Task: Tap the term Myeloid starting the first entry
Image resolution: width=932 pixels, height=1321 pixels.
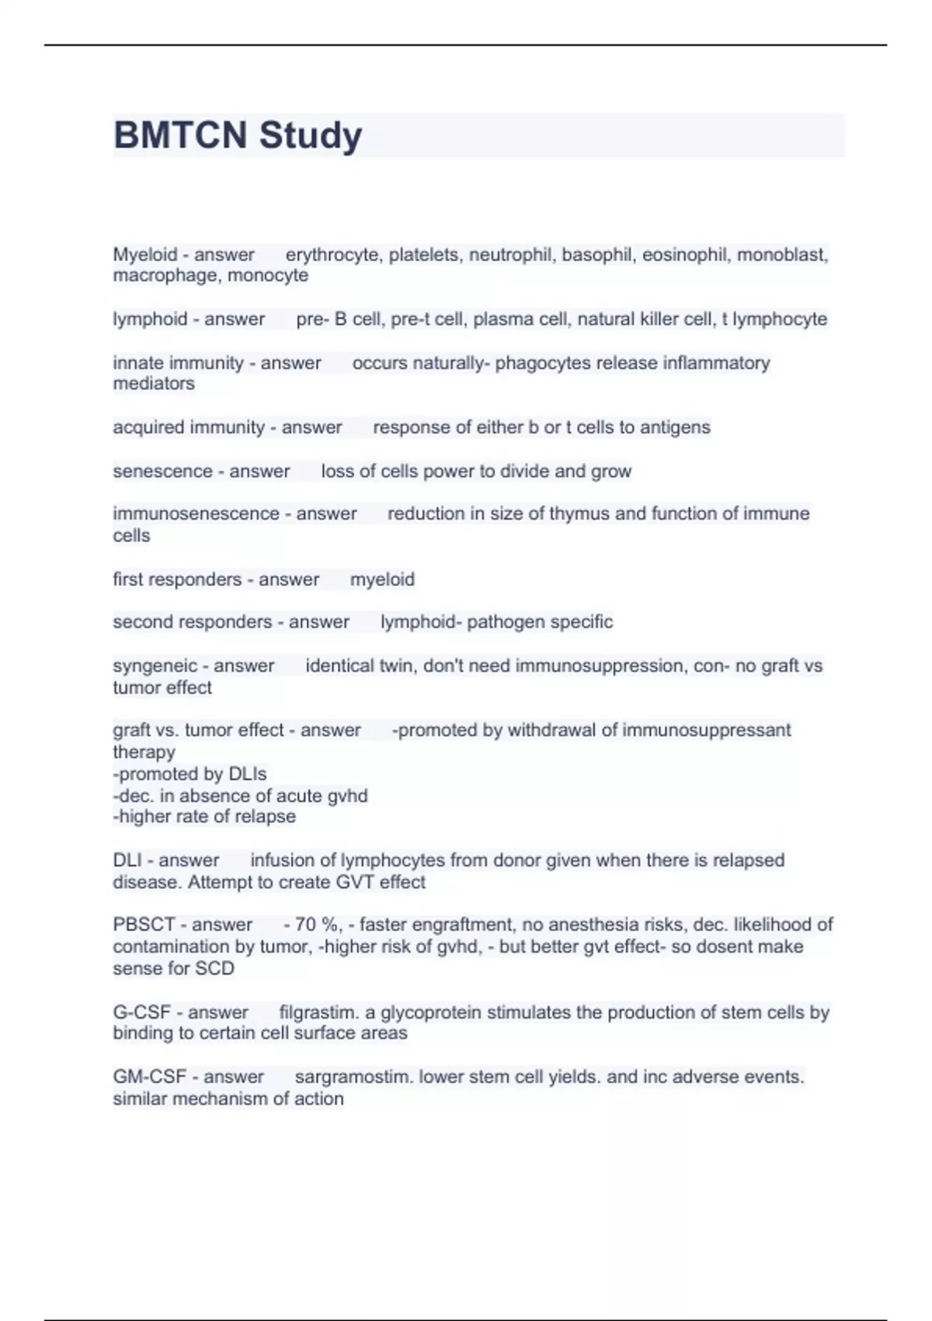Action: [144, 255]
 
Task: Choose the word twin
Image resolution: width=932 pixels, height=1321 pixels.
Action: [396, 666]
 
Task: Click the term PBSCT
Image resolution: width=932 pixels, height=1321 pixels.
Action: [144, 925]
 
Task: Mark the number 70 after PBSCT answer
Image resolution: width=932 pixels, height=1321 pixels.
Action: [306, 925]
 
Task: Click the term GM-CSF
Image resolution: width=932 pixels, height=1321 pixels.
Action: [149, 1077]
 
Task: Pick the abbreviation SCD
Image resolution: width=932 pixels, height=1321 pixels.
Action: [217, 968]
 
